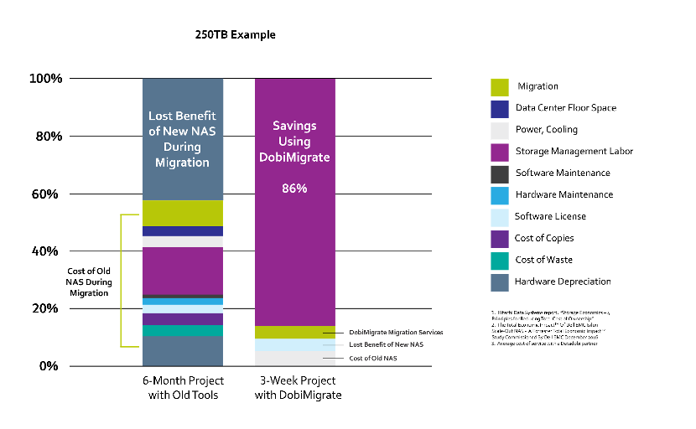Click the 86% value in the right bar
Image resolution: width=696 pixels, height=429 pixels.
tap(294, 189)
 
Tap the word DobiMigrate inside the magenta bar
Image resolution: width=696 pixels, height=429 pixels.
tap(294, 158)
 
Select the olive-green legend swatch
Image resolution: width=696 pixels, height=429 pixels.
tap(500, 87)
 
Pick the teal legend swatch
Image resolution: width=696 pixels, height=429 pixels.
tap(500, 261)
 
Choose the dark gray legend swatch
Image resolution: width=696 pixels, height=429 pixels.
tap(500, 174)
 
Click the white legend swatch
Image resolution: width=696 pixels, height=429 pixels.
tap(500, 131)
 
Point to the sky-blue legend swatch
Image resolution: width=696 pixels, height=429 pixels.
tap(500, 196)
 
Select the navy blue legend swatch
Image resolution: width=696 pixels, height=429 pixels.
tap(500, 109)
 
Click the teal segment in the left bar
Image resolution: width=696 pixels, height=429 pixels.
tap(182, 331)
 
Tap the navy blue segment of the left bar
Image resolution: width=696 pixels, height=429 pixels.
tap(182, 231)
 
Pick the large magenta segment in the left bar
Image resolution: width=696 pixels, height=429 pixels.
tap(182, 271)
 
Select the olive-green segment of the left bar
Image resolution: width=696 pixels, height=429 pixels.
tap(182, 213)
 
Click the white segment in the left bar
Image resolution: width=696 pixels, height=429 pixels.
tap(182, 241)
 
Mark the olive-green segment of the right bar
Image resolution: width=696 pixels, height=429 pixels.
tap(294, 332)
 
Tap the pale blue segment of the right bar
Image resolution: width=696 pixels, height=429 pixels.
tap(294, 344)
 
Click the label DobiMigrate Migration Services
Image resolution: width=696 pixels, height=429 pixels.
tap(396, 333)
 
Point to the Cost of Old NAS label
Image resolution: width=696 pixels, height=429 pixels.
tap(373, 359)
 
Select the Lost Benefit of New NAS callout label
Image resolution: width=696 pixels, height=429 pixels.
tap(387, 344)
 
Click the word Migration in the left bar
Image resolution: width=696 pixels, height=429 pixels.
tap(182, 163)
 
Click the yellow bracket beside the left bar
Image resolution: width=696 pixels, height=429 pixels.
tap(122, 280)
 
